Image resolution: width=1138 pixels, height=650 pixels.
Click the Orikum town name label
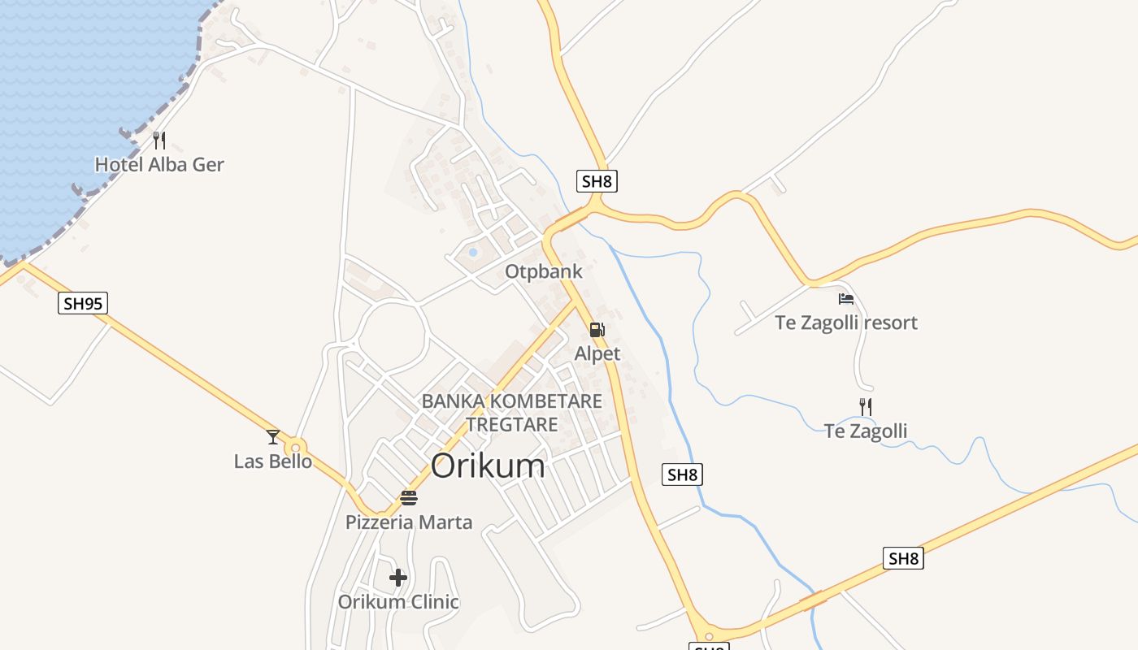point(488,466)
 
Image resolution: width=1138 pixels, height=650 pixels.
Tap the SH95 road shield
point(83,304)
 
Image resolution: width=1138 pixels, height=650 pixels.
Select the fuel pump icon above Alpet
point(597,330)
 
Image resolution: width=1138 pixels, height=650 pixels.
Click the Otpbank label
point(544,271)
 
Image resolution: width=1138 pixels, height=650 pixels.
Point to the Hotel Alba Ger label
point(159,165)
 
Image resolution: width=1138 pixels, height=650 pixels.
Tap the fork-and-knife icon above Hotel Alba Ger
point(159,141)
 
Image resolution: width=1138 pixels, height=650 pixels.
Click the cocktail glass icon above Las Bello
point(273,437)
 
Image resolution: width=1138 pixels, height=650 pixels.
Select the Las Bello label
point(273,461)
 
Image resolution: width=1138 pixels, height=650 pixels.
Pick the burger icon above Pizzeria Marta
point(409,498)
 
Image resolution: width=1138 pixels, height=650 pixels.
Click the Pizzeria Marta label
point(409,522)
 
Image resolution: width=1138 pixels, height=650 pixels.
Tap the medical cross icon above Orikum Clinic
point(398,578)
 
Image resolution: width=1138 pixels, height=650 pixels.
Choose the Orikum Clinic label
point(398,602)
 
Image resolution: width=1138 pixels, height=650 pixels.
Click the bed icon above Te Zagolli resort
point(846,298)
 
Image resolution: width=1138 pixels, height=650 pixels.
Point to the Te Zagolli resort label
point(846,323)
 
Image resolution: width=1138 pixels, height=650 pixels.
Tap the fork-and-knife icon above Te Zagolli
point(866,406)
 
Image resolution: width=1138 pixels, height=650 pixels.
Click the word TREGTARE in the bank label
point(512,424)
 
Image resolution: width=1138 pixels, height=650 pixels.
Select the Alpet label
point(597,353)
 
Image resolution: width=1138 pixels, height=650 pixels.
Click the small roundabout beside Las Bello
point(295,447)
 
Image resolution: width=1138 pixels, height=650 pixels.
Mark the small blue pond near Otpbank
point(473,253)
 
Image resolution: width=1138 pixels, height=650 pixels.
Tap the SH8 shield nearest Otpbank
point(597,181)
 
